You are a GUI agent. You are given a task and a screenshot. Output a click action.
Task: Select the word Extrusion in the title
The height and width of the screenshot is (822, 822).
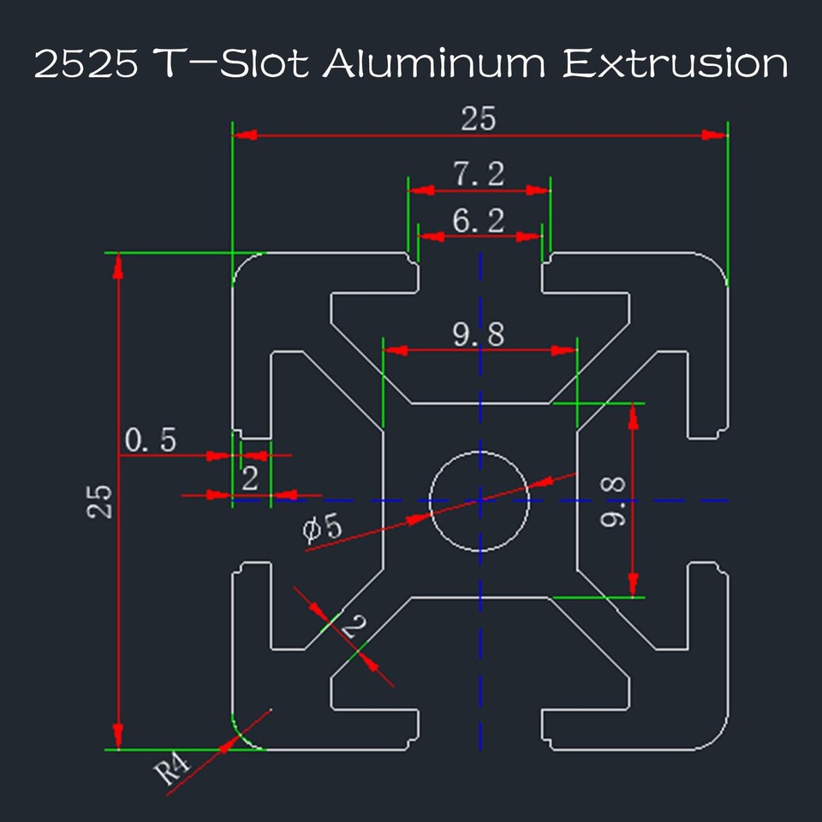coord(675,65)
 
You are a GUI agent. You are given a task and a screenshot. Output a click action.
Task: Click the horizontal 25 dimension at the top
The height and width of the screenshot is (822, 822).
coord(479,119)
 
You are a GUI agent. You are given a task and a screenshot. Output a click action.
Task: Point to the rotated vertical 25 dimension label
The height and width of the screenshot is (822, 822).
coord(101,501)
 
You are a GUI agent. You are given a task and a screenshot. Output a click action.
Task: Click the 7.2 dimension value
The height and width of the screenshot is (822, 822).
coord(479,176)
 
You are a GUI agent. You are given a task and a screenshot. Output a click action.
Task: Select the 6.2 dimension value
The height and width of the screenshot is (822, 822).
coord(479,221)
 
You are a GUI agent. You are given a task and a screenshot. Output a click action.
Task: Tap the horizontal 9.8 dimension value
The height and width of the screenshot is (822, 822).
coord(479,335)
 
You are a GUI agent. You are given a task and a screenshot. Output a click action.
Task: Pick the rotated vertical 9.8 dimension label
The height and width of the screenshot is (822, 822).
coord(613,501)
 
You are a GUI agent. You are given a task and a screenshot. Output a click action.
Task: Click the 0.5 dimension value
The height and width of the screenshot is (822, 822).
coord(151,440)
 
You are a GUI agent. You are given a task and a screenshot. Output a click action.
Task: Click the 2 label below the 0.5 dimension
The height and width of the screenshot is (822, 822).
coord(249,479)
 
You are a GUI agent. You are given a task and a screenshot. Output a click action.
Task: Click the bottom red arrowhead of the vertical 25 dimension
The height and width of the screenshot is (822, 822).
coord(118,736)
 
